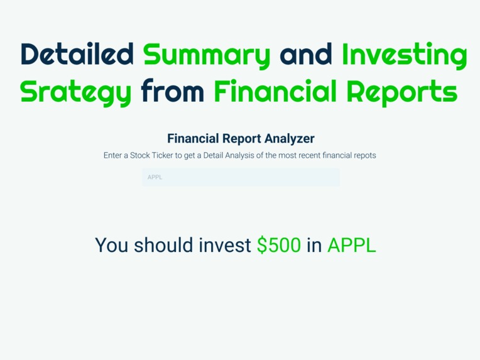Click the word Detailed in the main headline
[x=77, y=55]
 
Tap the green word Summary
[x=207, y=55]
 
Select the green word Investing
[x=405, y=55]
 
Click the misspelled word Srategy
[x=76, y=92]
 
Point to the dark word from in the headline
[x=173, y=92]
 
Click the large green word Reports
[x=405, y=92]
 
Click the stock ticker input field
[x=241, y=177]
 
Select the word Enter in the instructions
[x=114, y=155]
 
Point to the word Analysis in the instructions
[x=233, y=155]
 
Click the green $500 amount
[x=279, y=245]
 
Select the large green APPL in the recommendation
[x=351, y=245]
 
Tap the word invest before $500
[x=224, y=245]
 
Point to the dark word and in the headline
[x=306, y=55]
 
